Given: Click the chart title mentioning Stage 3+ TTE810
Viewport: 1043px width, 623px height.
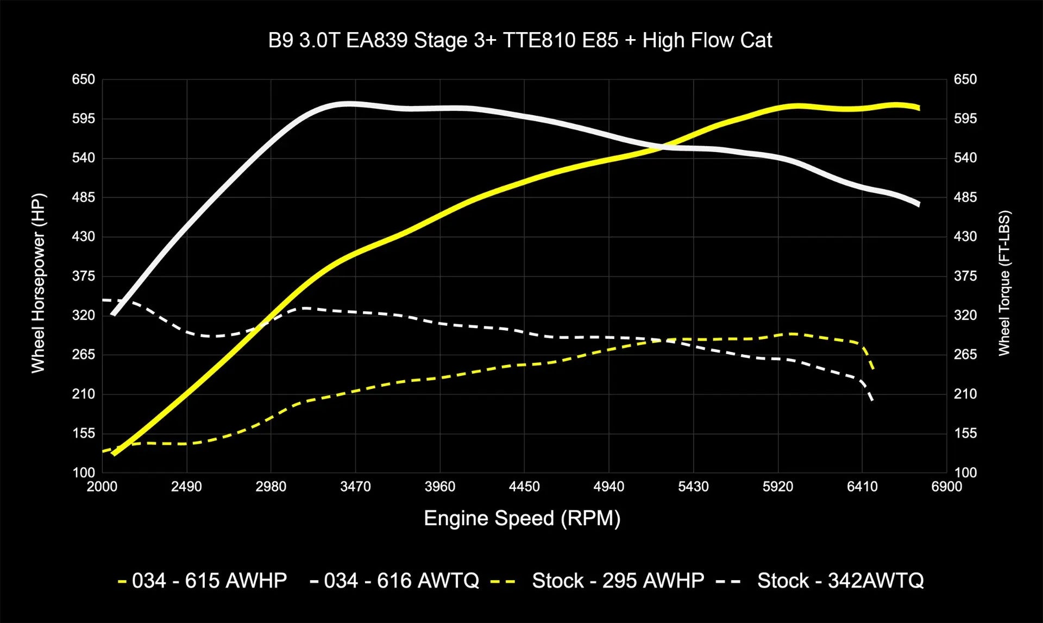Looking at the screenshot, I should pos(520,41).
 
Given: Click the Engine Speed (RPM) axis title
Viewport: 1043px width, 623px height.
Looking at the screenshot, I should pos(522,518).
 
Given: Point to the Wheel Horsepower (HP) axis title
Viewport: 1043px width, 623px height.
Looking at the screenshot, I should pos(38,283).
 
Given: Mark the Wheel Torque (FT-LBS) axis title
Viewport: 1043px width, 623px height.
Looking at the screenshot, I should pos(1004,283).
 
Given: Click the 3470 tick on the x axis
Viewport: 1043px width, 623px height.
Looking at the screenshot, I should pos(355,487).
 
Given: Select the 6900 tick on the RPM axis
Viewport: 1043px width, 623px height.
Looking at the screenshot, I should pos(946,487).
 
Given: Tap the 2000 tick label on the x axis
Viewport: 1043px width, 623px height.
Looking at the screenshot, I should pos(102,487).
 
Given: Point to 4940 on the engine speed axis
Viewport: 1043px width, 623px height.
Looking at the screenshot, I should pos(608,487).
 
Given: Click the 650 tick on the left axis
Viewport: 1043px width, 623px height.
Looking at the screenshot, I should pos(84,79).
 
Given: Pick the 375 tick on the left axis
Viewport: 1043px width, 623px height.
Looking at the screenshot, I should pos(84,276).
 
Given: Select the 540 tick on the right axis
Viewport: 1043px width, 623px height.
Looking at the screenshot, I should pos(965,158).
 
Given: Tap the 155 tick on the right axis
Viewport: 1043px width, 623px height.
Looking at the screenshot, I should pos(965,433).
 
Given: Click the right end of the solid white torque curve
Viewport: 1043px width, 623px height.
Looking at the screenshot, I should pos(918,204).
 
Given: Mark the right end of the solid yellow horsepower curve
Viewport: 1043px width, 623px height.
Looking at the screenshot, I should pos(918,108).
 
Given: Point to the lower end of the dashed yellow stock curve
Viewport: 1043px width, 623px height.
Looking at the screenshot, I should pos(873,370).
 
